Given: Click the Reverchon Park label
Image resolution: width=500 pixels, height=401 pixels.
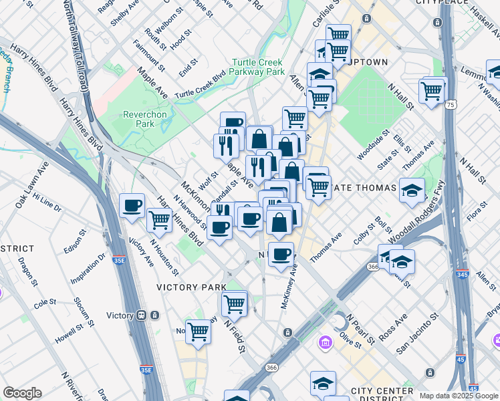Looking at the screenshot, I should [x=144, y=120].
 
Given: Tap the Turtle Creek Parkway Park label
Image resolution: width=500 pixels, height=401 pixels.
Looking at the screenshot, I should [x=258, y=67].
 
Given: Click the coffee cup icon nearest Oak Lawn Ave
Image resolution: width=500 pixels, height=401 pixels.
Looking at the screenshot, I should [x=132, y=205].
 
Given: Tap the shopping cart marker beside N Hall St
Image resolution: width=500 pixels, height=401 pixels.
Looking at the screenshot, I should [x=432, y=90].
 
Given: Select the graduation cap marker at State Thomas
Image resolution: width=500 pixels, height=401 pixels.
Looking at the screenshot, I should [x=412, y=190].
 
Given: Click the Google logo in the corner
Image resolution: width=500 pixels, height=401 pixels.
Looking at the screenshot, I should [x=22, y=393].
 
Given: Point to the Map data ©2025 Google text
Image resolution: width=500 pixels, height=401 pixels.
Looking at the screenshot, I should [x=457, y=396].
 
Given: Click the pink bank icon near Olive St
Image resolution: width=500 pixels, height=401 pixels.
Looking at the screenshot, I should [x=326, y=344].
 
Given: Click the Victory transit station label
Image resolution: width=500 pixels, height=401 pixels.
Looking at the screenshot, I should [x=120, y=315].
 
